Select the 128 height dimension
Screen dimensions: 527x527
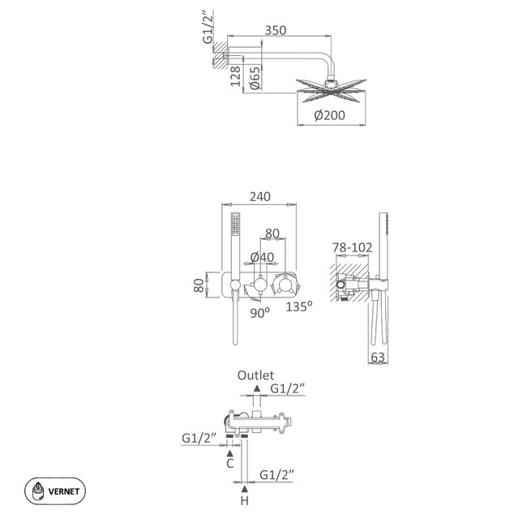click(x=234, y=76)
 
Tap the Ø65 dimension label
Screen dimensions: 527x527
click(x=254, y=76)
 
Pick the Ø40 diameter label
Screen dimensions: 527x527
click(x=262, y=257)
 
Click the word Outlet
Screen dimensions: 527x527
click(x=256, y=375)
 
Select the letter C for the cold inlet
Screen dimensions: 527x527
click(x=229, y=465)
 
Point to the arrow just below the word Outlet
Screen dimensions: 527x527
click(x=256, y=390)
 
